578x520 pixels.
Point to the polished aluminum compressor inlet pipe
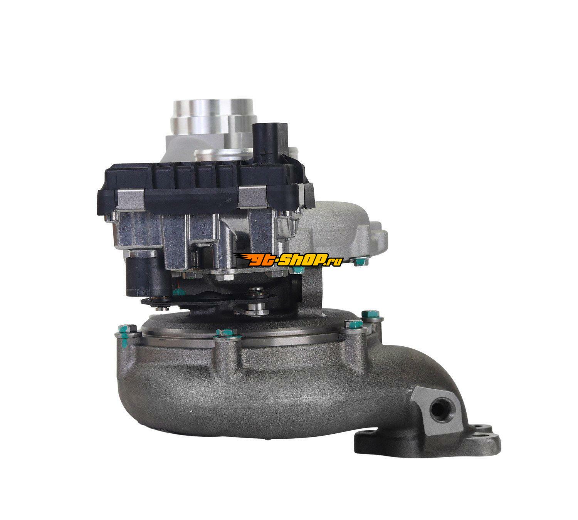[x=213, y=115]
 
